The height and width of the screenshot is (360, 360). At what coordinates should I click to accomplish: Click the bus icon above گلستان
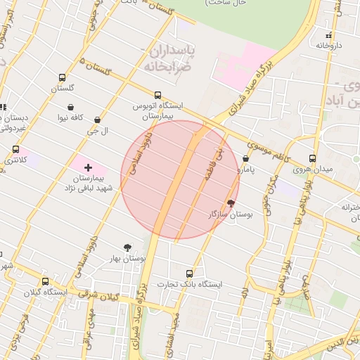pyautogui.click(x=63, y=78)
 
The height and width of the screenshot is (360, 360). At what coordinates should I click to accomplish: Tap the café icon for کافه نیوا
pyautogui.click(x=71, y=107)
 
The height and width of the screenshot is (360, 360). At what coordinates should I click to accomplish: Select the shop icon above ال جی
pyautogui.click(x=97, y=120)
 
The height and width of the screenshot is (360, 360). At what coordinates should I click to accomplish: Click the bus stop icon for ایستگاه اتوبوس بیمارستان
pyautogui.click(x=157, y=95)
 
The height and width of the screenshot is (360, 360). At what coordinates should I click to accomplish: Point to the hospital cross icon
pyautogui.click(x=88, y=167)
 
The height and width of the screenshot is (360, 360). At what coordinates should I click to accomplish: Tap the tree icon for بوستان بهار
pyautogui.click(x=127, y=247)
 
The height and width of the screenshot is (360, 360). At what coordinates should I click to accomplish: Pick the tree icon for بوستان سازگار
pyautogui.click(x=231, y=203)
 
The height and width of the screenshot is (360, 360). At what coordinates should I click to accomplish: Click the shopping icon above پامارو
pyautogui.click(x=245, y=159)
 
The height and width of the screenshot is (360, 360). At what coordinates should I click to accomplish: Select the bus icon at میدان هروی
pyautogui.click(x=313, y=158)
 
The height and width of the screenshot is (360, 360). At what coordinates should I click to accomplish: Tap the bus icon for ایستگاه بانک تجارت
pyautogui.click(x=189, y=274)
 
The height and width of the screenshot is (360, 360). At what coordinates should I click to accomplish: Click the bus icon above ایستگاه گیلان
pyautogui.click(x=46, y=281)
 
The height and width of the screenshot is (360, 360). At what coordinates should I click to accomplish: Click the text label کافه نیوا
pyautogui.click(x=71, y=117)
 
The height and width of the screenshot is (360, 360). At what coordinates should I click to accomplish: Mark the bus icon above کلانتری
pyautogui.click(x=15, y=150)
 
